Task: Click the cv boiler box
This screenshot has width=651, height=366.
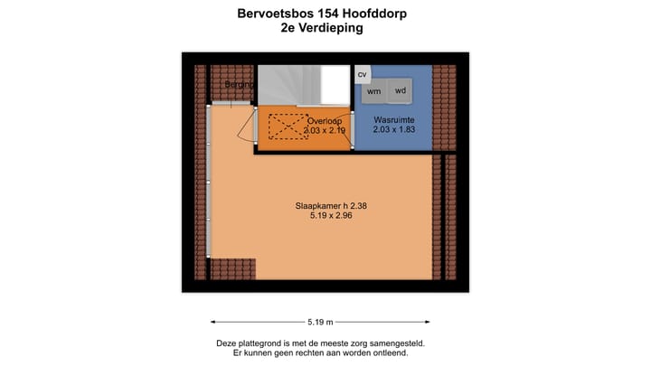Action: tap(363, 74)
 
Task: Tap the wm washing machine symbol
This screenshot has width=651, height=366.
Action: tap(373, 91)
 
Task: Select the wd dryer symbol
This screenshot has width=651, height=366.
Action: tap(400, 90)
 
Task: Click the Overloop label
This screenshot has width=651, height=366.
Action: tap(325, 120)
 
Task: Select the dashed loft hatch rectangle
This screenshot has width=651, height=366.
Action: tap(287, 125)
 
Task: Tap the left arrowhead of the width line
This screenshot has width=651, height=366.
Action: tap(213, 322)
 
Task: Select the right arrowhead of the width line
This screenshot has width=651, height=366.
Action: tap(429, 322)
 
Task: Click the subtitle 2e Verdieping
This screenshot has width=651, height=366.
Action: tap(322, 28)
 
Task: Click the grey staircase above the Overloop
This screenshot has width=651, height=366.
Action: tap(288, 85)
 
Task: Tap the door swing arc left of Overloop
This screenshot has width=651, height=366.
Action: tap(244, 127)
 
